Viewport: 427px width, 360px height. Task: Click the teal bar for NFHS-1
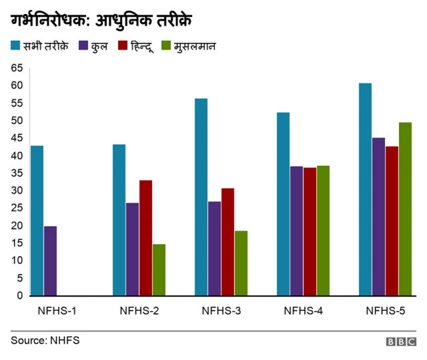[x=37, y=221]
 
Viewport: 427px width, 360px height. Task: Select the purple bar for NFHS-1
[x=51, y=261]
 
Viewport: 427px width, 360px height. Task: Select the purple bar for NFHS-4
[x=297, y=231]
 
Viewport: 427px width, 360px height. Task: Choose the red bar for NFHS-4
[x=310, y=231]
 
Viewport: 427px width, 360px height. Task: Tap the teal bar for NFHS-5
[x=366, y=189]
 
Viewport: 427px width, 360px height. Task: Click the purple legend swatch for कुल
[x=84, y=47]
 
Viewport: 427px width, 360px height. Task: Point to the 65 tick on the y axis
[x=17, y=68]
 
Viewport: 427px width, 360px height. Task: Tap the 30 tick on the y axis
[x=17, y=191]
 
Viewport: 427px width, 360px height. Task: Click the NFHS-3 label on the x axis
[x=222, y=310]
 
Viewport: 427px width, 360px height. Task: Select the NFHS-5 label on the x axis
[x=386, y=310]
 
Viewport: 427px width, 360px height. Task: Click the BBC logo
[x=400, y=341]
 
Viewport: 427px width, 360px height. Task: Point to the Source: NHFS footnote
[x=45, y=341]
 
